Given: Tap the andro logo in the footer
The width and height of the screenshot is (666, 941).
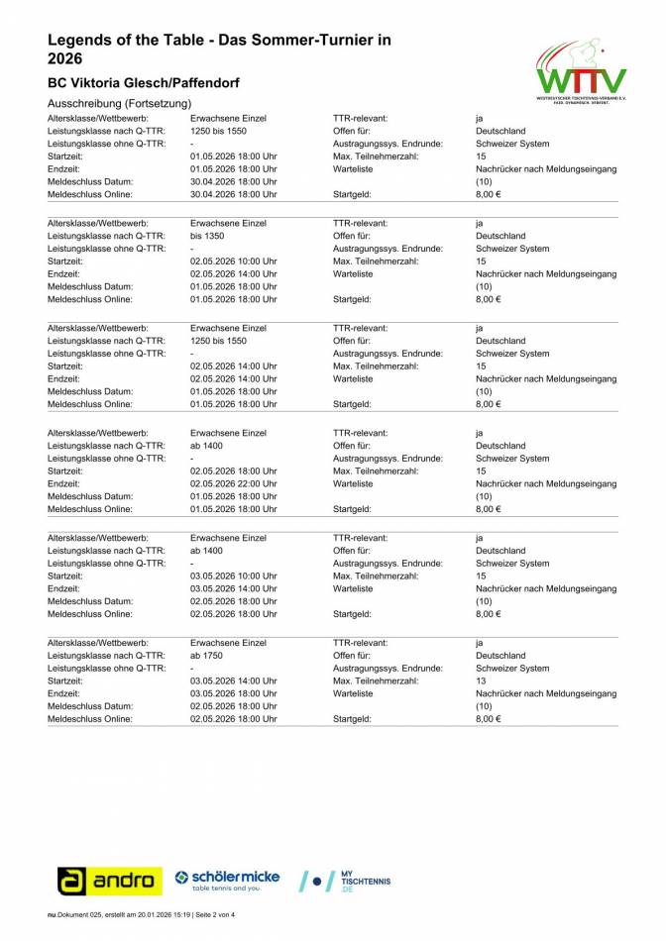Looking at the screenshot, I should point(109,880).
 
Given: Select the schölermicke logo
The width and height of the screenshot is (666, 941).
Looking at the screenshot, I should point(227,880).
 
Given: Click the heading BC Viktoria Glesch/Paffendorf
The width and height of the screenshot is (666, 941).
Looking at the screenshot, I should point(143,82).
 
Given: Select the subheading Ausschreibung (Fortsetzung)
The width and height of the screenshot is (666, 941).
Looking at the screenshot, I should point(119,104).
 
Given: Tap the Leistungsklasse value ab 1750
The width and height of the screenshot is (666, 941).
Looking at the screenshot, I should point(208,656).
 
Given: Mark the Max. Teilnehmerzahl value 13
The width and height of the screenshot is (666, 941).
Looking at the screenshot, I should point(481,681).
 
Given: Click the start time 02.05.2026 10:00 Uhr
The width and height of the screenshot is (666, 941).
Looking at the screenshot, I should point(233,261).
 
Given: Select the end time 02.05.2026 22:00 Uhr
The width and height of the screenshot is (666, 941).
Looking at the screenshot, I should point(233,483).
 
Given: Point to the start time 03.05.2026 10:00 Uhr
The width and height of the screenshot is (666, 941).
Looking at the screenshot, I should point(233,576).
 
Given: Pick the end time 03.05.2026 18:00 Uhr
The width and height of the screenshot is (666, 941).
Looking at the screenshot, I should point(233,693).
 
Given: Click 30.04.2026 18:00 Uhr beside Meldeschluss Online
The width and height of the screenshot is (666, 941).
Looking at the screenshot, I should point(233,194).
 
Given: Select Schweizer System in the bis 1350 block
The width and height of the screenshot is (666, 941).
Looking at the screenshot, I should point(510,249).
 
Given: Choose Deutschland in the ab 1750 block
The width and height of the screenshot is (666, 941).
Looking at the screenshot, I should point(500,656).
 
